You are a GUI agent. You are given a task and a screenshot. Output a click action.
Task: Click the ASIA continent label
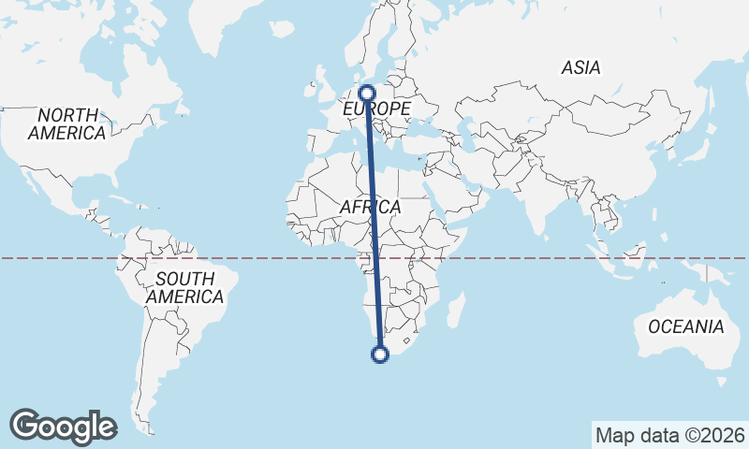pos(580,67)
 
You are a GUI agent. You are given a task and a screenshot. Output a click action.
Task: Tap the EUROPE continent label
pos(376,110)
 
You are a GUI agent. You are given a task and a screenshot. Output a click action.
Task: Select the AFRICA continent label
pos(371,207)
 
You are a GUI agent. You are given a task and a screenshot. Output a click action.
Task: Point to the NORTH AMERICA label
pos(66,123)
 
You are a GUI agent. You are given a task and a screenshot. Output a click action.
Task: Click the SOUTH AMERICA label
pos(184,287)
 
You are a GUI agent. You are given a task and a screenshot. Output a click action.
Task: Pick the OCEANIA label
pos(686,326)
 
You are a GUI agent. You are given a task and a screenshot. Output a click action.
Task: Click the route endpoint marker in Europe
pos(367,93)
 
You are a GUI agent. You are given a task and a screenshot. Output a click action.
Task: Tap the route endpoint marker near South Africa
pos(379,354)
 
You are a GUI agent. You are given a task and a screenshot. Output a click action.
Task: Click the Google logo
pos(63,426)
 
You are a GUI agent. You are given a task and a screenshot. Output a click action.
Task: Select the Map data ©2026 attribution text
pos(669,435)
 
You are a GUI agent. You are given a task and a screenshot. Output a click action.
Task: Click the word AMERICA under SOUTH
pos(184,297)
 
